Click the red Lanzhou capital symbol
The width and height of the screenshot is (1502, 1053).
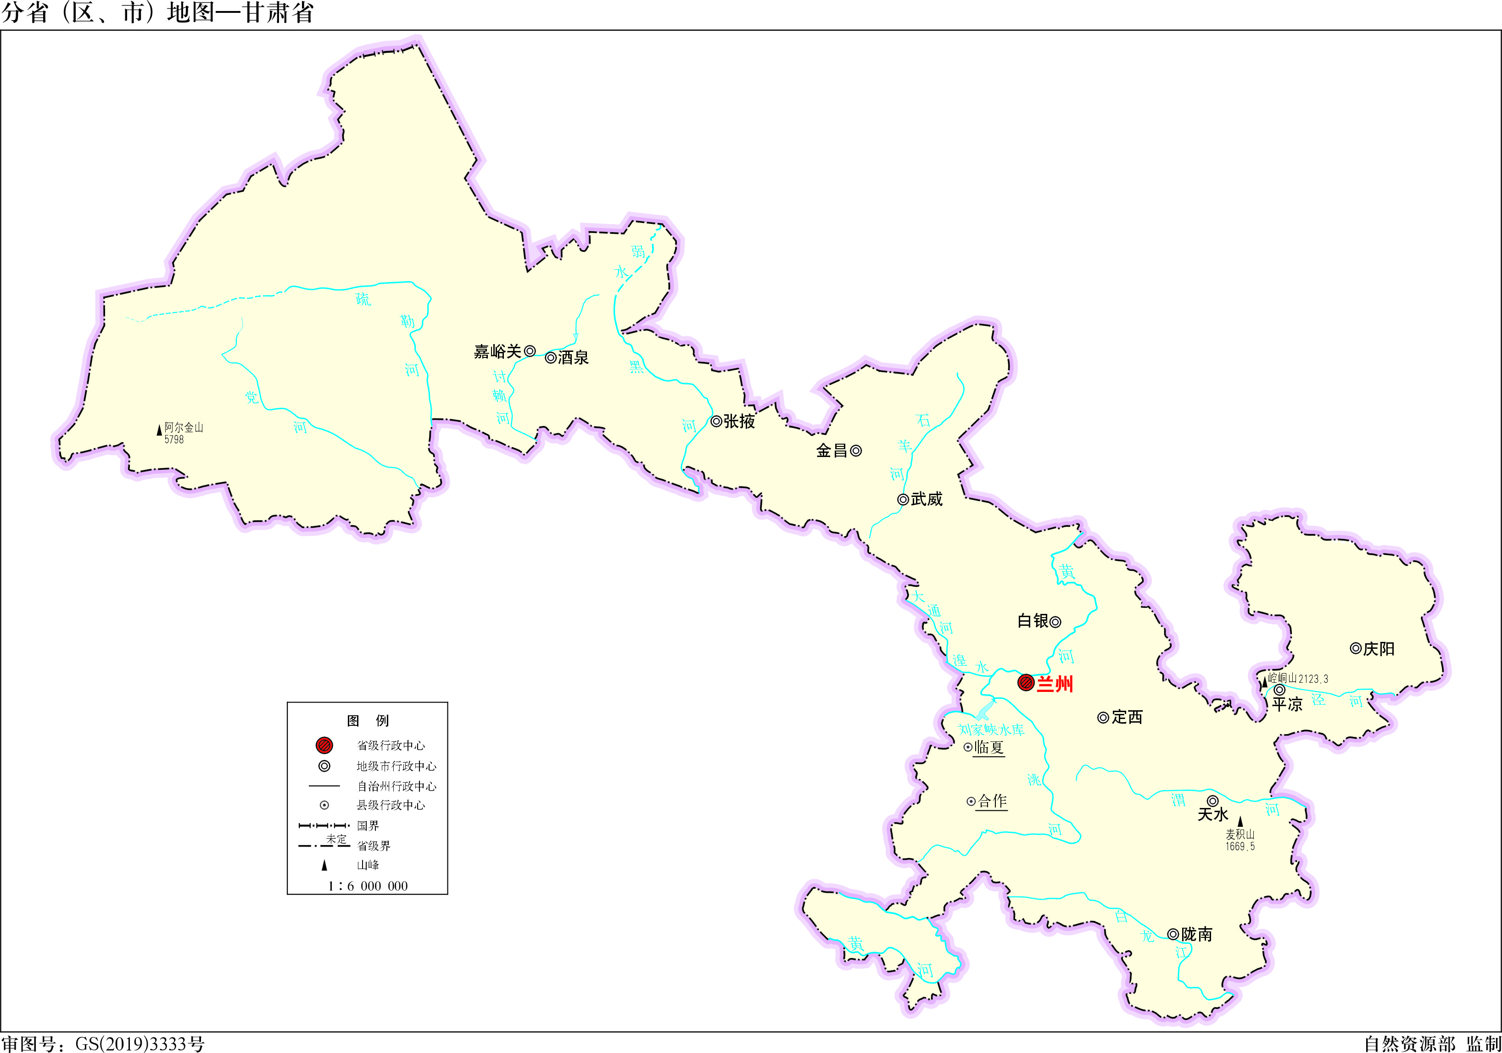click(1026, 683)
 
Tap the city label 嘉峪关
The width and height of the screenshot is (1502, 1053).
click(497, 352)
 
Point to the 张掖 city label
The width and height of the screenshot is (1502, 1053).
click(739, 422)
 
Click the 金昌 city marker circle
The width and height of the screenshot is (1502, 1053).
click(856, 451)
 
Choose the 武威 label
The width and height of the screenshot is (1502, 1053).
click(927, 500)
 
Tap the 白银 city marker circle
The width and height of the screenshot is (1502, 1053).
click(1055, 622)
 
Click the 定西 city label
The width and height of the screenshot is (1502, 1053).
click(1127, 718)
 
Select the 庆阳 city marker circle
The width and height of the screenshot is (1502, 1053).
click(1356, 649)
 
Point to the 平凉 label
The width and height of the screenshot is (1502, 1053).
click(1287, 704)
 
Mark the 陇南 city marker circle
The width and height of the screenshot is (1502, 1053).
click(1173, 935)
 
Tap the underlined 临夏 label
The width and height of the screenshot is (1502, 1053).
click(988, 747)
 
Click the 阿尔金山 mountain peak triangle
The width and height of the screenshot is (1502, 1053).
click(159, 430)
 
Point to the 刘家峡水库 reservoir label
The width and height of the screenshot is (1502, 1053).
click(991, 730)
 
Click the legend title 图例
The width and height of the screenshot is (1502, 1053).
click(368, 721)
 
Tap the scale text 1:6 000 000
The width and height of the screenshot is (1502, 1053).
click(368, 886)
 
